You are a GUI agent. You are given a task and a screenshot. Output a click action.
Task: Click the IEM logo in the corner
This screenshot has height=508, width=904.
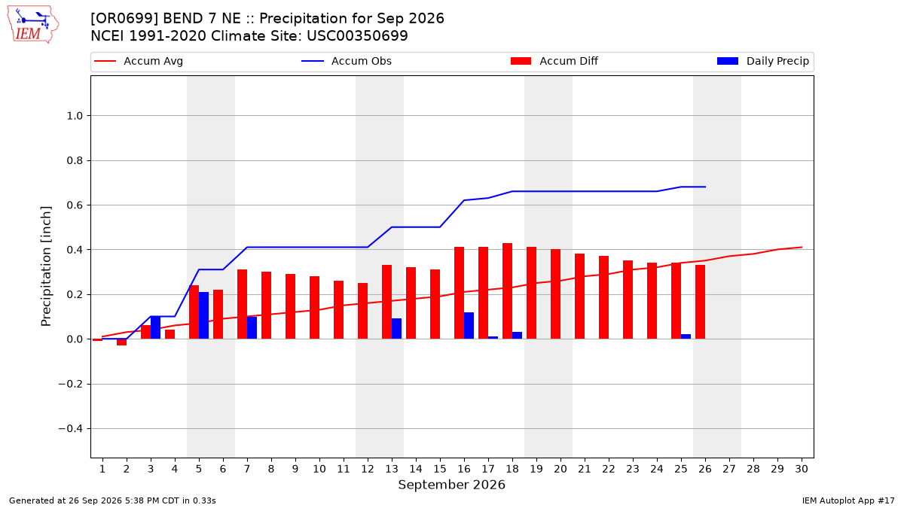tap(33, 25)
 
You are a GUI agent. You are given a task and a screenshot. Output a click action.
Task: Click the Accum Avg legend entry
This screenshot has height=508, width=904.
tap(139, 61)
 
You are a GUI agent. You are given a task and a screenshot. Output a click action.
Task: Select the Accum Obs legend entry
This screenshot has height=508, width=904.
tap(347, 61)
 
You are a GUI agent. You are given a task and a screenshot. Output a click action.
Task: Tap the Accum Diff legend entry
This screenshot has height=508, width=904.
tap(554, 61)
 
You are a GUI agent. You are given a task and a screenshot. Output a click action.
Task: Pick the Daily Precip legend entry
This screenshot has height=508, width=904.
tap(762, 61)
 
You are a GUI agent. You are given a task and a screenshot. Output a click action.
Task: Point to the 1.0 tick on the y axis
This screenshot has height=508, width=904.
tap(75, 116)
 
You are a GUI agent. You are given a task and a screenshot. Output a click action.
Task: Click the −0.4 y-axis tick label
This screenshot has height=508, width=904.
tap(71, 428)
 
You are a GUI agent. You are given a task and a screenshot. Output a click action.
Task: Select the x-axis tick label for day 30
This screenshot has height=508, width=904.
tap(802, 469)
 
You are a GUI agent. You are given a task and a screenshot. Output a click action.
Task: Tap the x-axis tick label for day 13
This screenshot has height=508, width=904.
tap(392, 469)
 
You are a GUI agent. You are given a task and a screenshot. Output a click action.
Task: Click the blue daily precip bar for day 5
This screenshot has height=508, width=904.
tap(204, 315)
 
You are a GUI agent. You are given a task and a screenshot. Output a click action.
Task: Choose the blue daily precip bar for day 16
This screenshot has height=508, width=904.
tap(469, 325)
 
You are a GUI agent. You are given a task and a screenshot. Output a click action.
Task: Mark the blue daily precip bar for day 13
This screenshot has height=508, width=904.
tap(397, 329)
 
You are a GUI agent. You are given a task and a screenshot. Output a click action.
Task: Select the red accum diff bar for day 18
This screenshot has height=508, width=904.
tap(507, 291)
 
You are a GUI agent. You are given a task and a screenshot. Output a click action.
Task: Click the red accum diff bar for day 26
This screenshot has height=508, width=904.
tap(700, 302)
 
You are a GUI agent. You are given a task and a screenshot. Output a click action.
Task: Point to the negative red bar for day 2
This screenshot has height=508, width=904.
tap(121, 342)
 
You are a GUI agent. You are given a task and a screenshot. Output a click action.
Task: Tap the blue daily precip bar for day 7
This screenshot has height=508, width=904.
tap(252, 328)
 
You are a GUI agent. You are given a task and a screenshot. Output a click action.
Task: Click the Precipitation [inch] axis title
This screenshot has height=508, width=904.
tap(46, 266)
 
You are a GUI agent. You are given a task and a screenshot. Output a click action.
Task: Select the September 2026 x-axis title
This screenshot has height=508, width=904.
tap(451, 485)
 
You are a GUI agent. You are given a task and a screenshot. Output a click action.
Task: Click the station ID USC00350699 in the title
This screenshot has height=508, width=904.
tap(357, 36)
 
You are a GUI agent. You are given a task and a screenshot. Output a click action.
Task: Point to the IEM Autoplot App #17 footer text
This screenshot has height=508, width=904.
tap(848, 500)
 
